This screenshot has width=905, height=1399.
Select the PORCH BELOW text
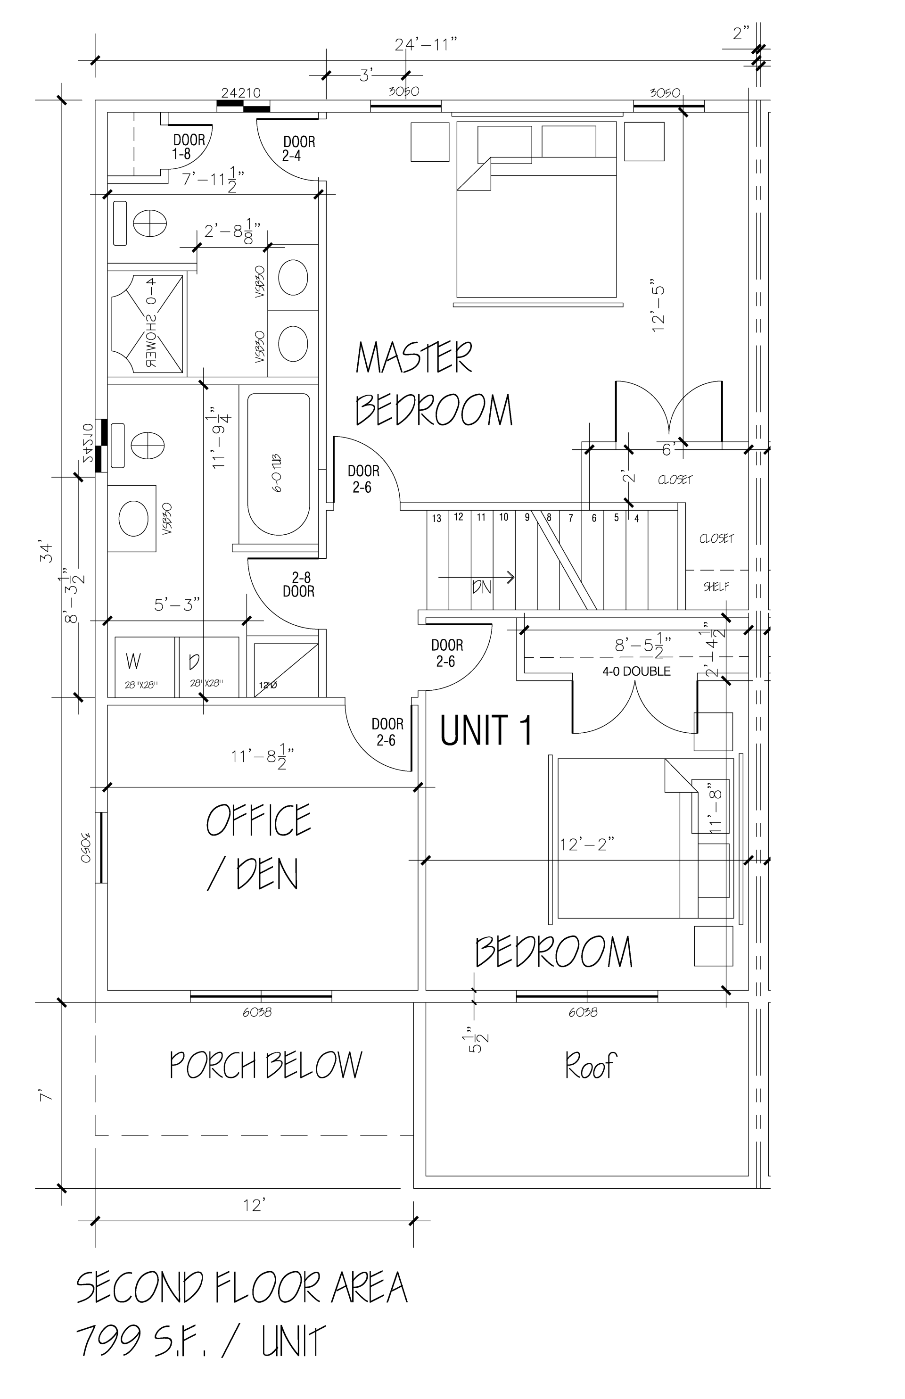click(x=266, y=1065)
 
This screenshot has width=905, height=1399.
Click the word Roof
click(x=590, y=1065)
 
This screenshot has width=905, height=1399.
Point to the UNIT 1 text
click(x=486, y=730)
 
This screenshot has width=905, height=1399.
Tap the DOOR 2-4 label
click(x=299, y=148)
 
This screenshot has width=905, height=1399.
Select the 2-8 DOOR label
click(x=298, y=585)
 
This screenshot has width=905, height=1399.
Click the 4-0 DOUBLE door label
click(x=636, y=671)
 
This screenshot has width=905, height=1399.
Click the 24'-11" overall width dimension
click(x=426, y=45)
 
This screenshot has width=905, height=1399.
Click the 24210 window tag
click(x=240, y=93)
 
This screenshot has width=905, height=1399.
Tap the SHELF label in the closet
click(x=716, y=587)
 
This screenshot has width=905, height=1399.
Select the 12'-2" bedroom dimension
click(x=586, y=844)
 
